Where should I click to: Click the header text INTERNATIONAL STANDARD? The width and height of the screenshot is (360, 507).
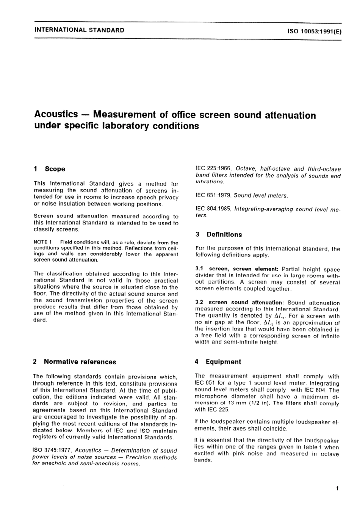(x=79, y=30)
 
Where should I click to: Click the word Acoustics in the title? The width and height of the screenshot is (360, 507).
(x=56, y=114)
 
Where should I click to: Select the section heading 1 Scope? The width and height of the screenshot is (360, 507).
(x=49, y=169)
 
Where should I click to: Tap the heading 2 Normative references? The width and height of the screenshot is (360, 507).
(x=75, y=362)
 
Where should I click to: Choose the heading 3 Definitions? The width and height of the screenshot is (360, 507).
(x=219, y=235)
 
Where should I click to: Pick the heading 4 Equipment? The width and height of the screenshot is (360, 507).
(x=218, y=362)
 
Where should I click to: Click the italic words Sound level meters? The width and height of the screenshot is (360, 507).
(x=261, y=196)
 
